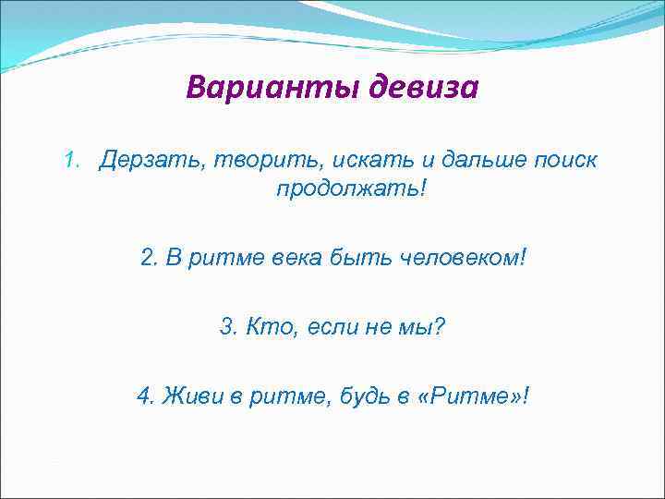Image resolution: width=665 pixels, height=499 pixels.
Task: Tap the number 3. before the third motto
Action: coord(229,327)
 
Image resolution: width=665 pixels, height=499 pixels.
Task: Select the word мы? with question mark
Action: coord(422,327)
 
